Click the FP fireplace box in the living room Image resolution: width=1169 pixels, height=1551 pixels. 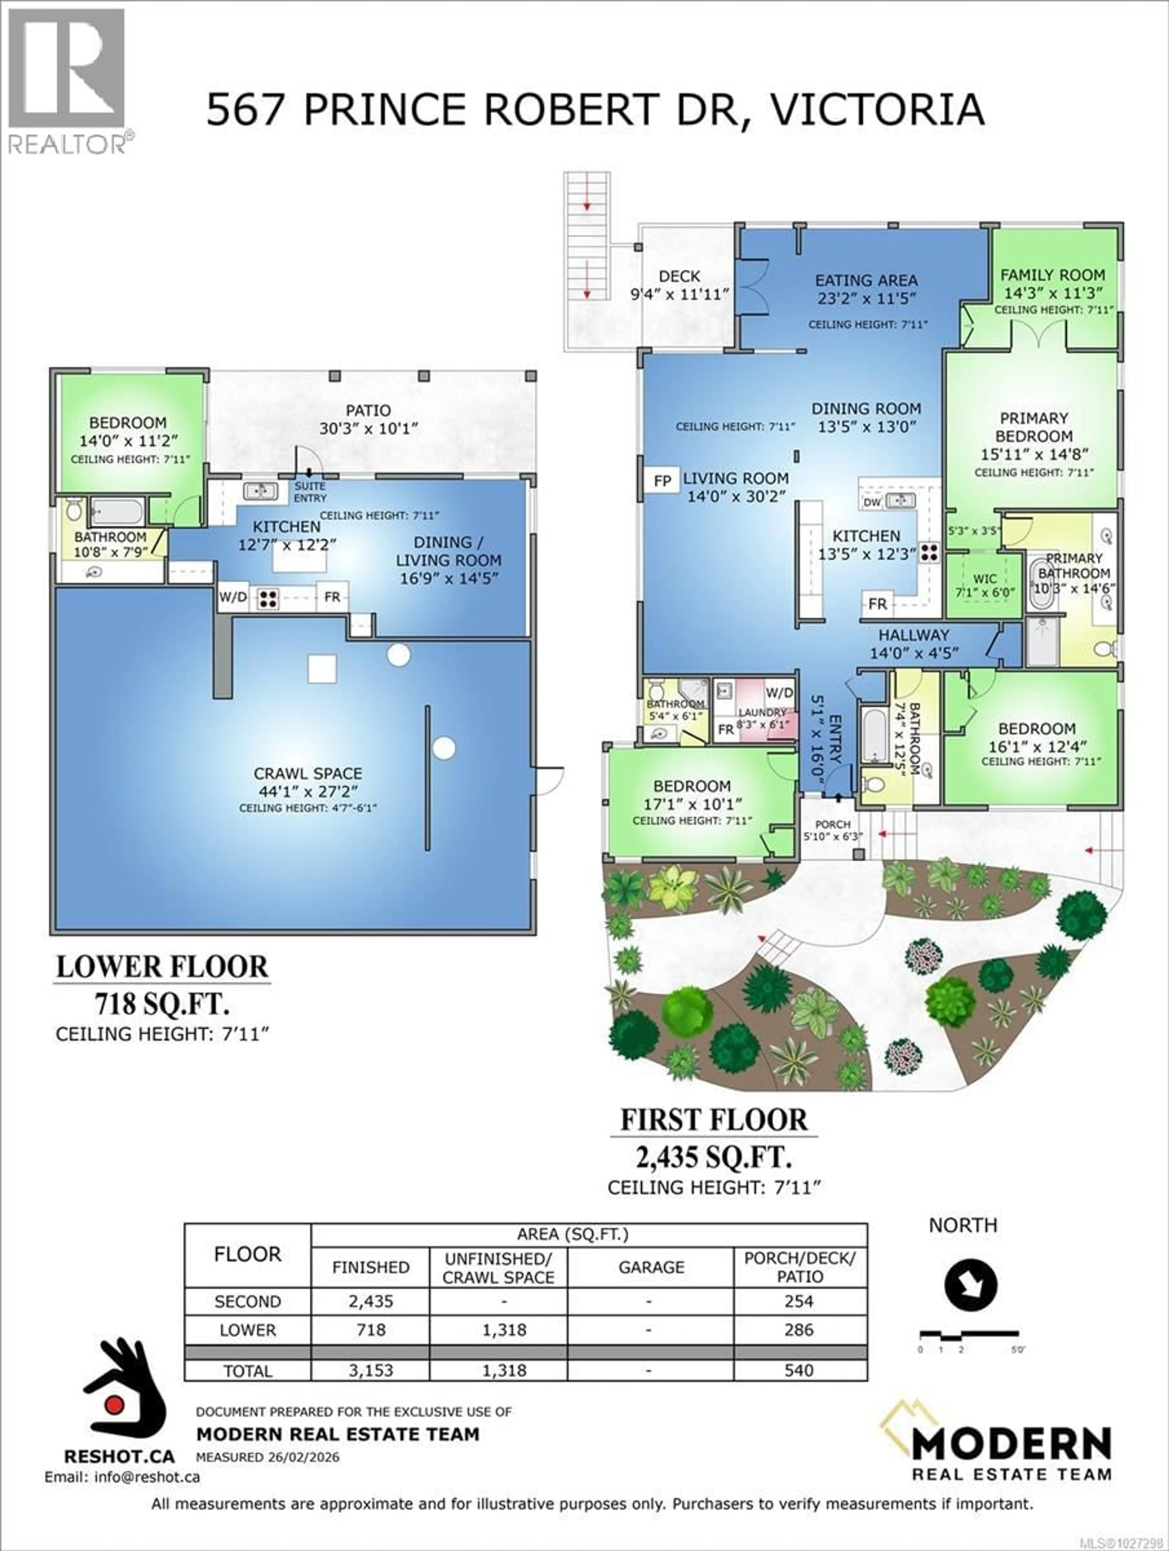point(662,481)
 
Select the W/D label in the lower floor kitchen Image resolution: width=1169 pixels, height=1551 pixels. point(233,597)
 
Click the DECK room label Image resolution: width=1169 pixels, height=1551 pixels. point(679,276)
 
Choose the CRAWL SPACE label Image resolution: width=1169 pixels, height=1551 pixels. point(308,773)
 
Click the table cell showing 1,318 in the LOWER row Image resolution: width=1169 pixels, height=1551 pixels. point(504,1330)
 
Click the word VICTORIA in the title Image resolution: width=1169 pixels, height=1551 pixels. point(876,110)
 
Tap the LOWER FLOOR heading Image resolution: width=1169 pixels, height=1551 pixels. point(162,967)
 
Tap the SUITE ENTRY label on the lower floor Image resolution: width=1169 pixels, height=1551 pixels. point(310,492)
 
